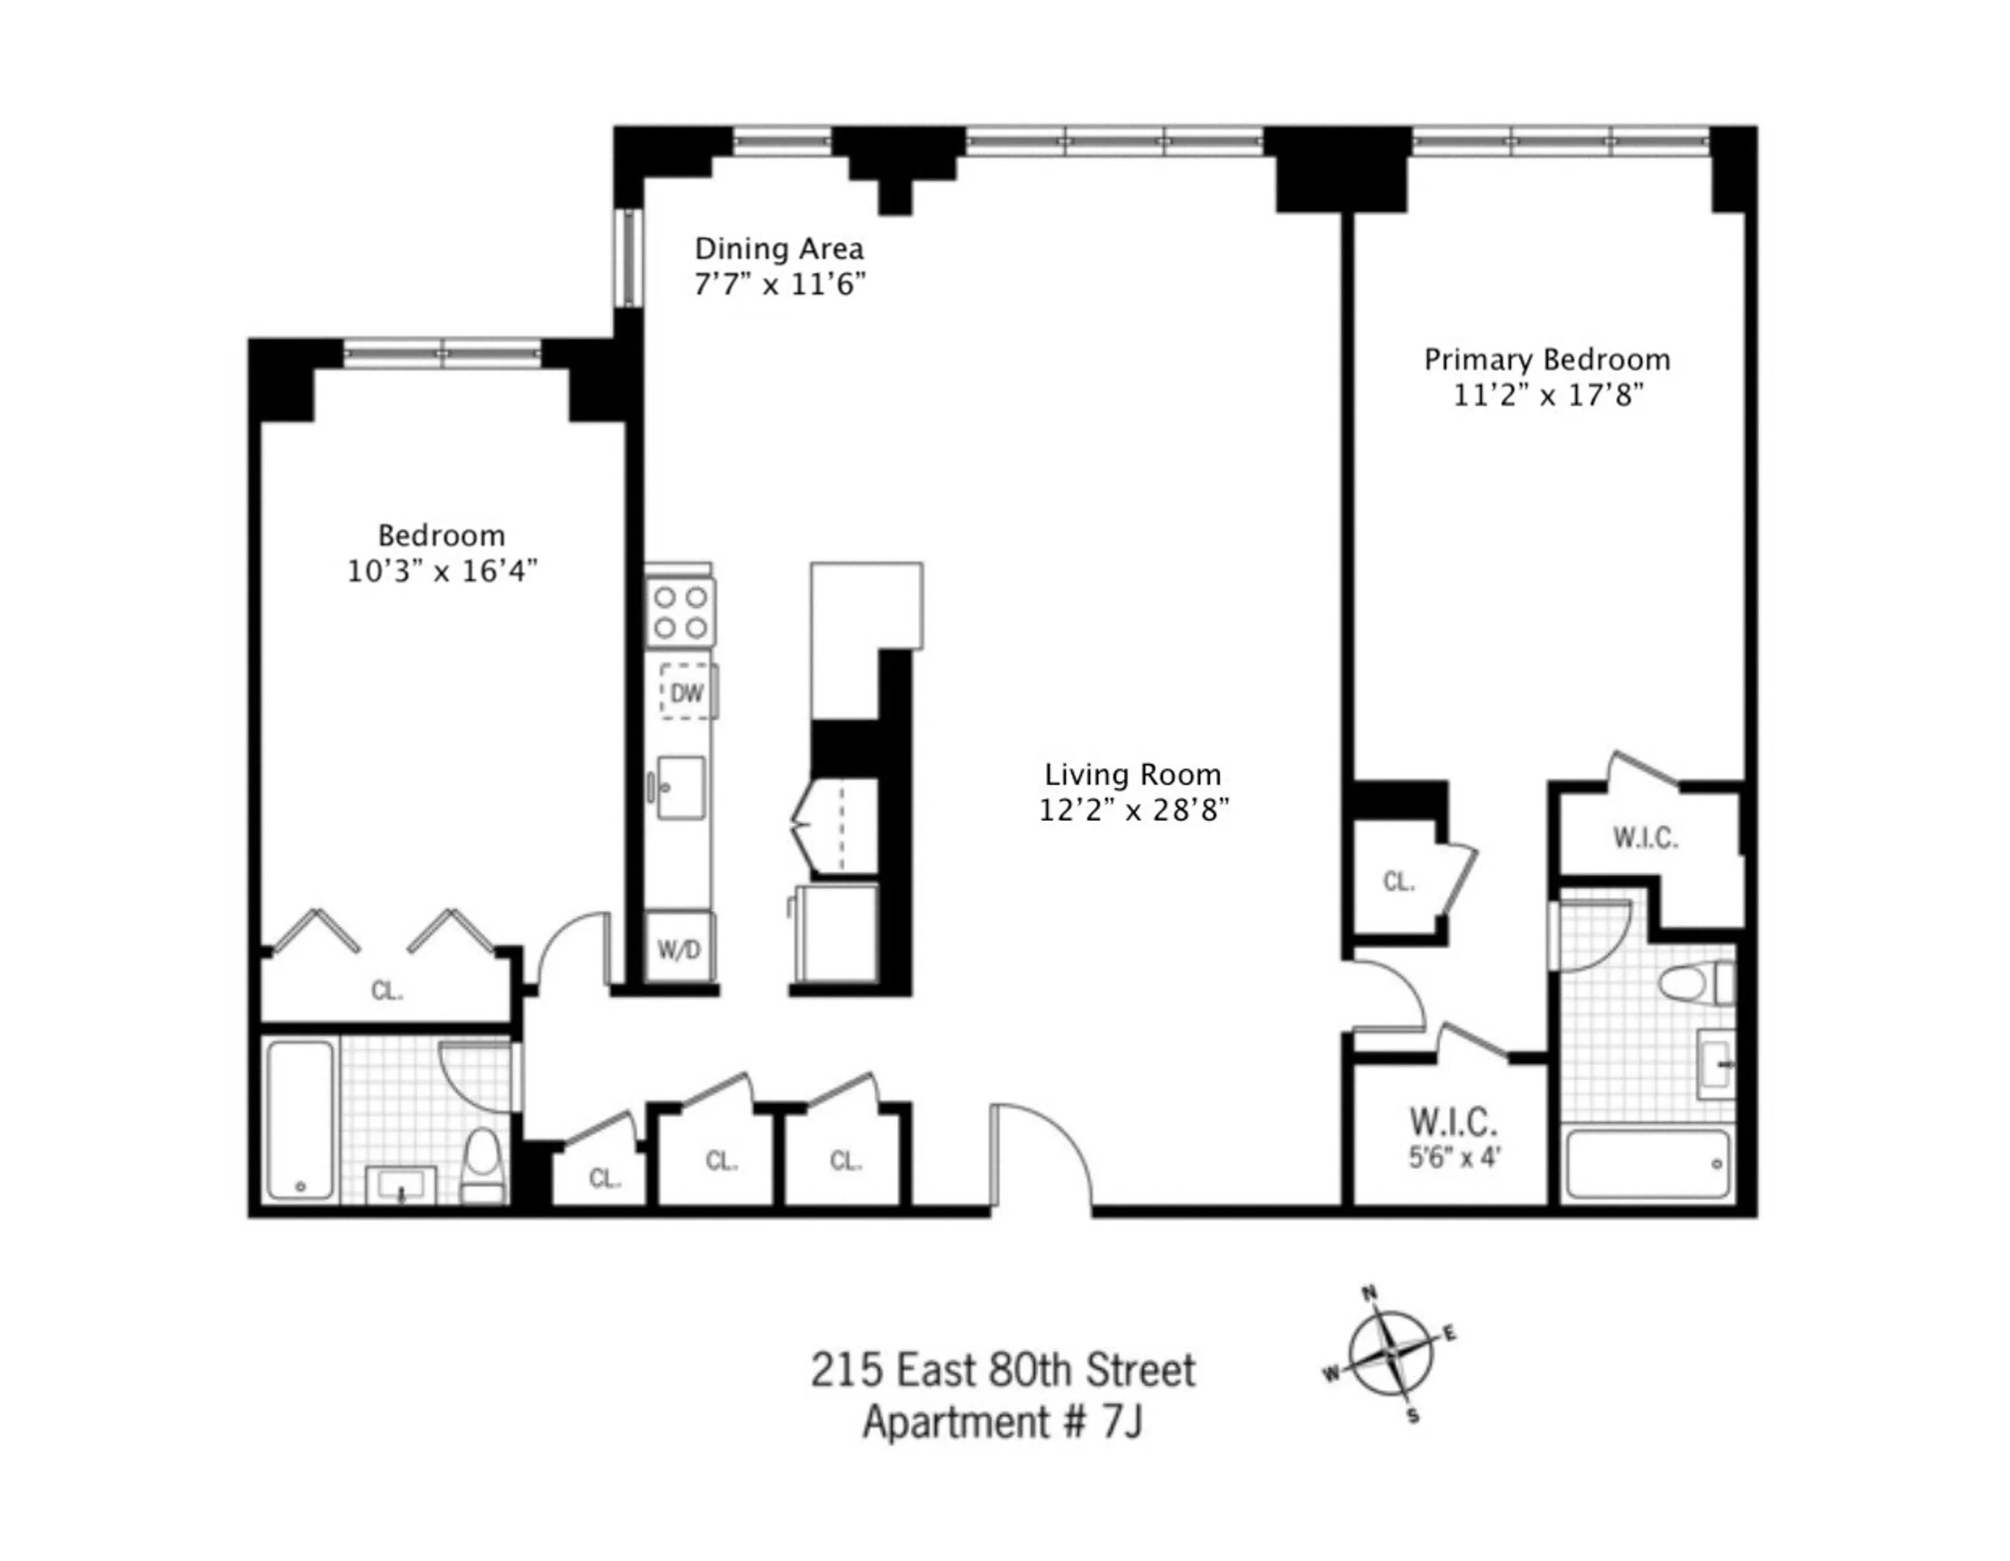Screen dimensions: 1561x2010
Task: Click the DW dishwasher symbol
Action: coord(685,692)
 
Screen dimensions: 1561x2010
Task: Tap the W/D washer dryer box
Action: coord(678,949)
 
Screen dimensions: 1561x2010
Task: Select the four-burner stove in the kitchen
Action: coord(680,612)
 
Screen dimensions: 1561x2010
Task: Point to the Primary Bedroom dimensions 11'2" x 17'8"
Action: coord(1548,395)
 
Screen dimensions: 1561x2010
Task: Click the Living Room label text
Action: coord(1133,774)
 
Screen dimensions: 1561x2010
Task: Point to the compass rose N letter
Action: coord(1369,1293)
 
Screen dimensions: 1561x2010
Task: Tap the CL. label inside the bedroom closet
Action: coord(387,991)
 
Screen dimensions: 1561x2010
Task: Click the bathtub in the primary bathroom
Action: coord(1648,1164)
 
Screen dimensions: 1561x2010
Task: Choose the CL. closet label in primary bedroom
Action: coord(1398,882)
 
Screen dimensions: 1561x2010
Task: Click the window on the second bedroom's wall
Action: coord(443,353)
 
